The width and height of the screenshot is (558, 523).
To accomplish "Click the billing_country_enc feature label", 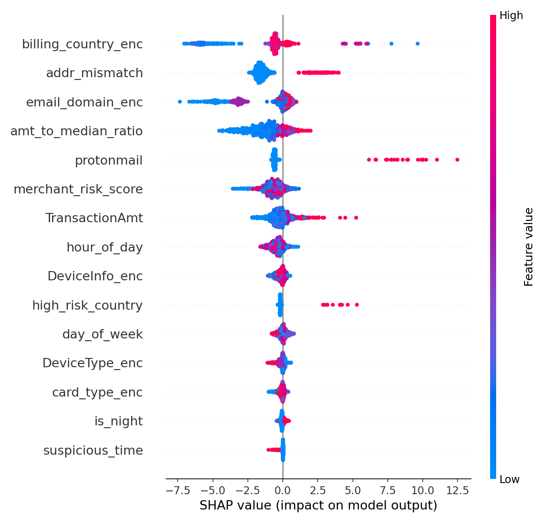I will click(x=82, y=45).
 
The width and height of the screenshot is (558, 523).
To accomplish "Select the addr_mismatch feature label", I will click(x=94, y=73).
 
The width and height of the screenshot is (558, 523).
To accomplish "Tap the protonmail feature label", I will click(x=109, y=161).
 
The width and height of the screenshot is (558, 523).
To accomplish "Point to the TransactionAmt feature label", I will click(x=94, y=218).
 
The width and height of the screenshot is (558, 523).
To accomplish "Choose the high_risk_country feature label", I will click(x=87, y=306).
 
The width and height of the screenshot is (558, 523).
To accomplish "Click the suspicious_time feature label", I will click(x=93, y=451).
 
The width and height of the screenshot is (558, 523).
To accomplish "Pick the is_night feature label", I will click(x=119, y=422).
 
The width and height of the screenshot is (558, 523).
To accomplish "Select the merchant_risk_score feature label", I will click(x=78, y=190).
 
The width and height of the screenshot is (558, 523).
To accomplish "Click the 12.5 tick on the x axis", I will click(x=457, y=491).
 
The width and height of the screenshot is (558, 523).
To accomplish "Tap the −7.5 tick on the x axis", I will click(x=177, y=491).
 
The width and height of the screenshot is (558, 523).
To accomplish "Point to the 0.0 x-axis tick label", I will click(x=283, y=491).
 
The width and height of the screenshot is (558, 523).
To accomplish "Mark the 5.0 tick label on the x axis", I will click(x=352, y=491).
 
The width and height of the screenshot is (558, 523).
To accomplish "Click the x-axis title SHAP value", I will click(x=318, y=506).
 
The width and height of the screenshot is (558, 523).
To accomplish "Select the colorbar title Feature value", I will click(x=529, y=247).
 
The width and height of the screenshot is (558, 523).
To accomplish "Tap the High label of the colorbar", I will click(x=511, y=16).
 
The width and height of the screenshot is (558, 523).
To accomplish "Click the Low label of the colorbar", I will click(x=509, y=480).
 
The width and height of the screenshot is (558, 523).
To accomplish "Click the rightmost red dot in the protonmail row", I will click(x=457, y=160).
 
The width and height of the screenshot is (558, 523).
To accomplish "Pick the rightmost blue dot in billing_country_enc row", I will click(x=418, y=44).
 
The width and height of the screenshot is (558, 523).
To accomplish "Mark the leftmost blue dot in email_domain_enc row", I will click(x=180, y=102).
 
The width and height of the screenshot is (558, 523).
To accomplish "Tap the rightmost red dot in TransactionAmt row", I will click(x=356, y=218).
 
